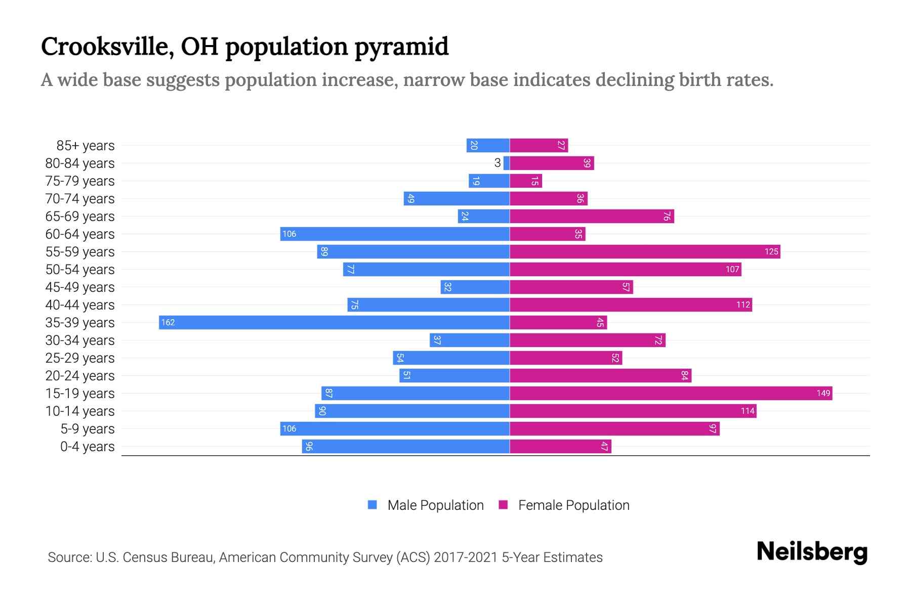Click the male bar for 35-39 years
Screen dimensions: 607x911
(x=334, y=322)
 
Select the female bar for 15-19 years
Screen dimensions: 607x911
(x=671, y=393)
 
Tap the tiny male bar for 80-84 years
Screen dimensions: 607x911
(x=506, y=163)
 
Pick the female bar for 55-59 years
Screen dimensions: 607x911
(x=644, y=251)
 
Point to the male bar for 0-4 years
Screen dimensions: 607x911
(x=405, y=446)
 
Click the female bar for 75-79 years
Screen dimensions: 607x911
(x=525, y=181)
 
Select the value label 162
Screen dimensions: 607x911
(x=168, y=322)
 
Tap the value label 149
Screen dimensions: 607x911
(x=823, y=393)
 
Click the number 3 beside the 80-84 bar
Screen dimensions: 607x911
(x=498, y=163)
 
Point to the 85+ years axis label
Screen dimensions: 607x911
(x=86, y=146)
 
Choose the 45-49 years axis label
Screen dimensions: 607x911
(x=80, y=287)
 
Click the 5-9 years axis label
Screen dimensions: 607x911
(x=88, y=429)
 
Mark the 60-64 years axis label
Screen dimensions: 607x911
(x=80, y=234)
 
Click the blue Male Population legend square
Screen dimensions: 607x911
(x=372, y=505)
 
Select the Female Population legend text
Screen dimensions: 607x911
(x=573, y=505)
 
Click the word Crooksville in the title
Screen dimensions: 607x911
(x=107, y=47)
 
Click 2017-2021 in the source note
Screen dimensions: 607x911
(x=466, y=557)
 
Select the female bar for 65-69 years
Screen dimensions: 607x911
(x=592, y=216)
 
